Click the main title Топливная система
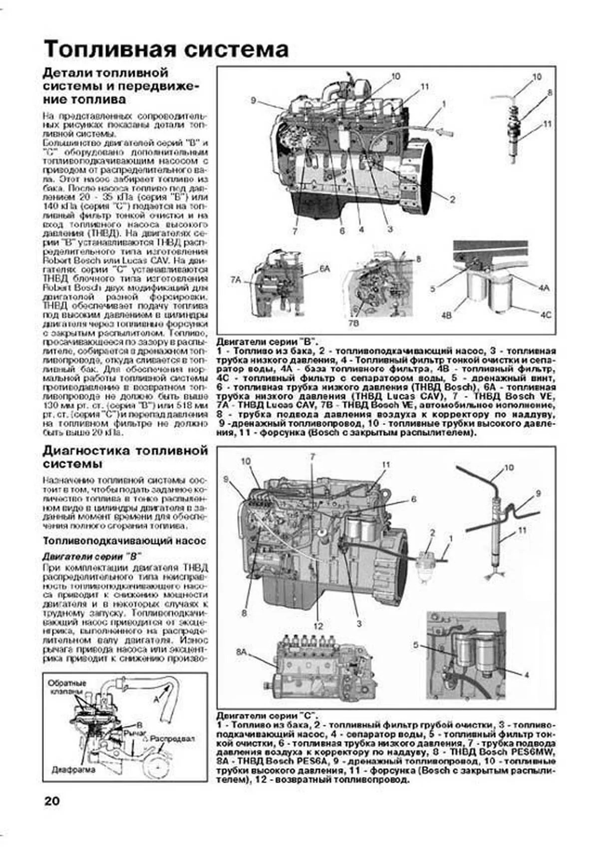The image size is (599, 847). [166, 49]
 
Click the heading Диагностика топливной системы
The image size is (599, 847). [125, 457]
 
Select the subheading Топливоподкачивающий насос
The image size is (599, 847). [124, 541]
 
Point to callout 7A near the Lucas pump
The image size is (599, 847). [235, 281]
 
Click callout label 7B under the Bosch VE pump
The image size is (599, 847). [353, 323]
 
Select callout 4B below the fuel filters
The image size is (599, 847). [446, 316]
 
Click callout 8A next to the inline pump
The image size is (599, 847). [242, 652]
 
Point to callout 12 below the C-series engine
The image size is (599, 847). [318, 626]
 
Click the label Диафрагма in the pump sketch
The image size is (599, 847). [73, 770]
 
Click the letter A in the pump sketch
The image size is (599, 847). [156, 699]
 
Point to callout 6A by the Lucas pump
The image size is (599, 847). [325, 269]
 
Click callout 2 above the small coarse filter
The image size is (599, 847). [432, 533]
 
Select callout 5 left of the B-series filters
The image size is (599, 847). [432, 288]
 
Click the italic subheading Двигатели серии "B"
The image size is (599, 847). [92, 556]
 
